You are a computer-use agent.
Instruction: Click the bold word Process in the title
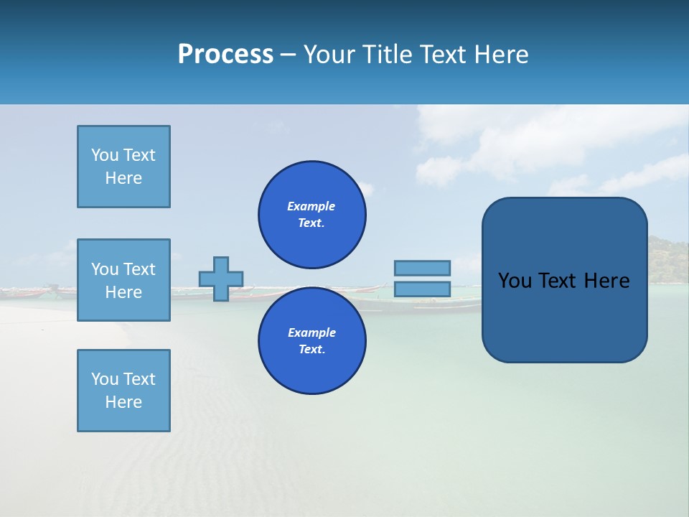pyautogui.click(x=225, y=55)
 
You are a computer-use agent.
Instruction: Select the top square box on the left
pyautogui.click(x=123, y=167)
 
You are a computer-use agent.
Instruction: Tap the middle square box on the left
pyautogui.click(x=123, y=280)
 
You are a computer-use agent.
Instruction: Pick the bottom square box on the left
pyautogui.click(x=123, y=391)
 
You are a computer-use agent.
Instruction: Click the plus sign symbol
pyautogui.click(x=221, y=279)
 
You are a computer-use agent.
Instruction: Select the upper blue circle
pyautogui.click(x=311, y=215)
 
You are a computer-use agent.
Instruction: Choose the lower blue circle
pyautogui.click(x=311, y=341)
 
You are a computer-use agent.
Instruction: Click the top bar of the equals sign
pyautogui.click(x=422, y=268)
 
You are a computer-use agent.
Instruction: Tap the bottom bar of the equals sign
pyautogui.click(x=422, y=289)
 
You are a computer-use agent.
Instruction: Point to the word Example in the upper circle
pyautogui.click(x=311, y=206)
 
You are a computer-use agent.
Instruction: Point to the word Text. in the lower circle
pyautogui.click(x=311, y=350)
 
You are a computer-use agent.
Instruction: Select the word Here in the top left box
pyautogui.click(x=123, y=178)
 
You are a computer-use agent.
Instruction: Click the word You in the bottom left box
pyautogui.click(x=104, y=379)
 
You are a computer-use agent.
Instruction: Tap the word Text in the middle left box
pyautogui.click(x=139, y=269)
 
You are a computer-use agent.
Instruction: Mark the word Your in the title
pyautogui.click(x=329, y=55)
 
